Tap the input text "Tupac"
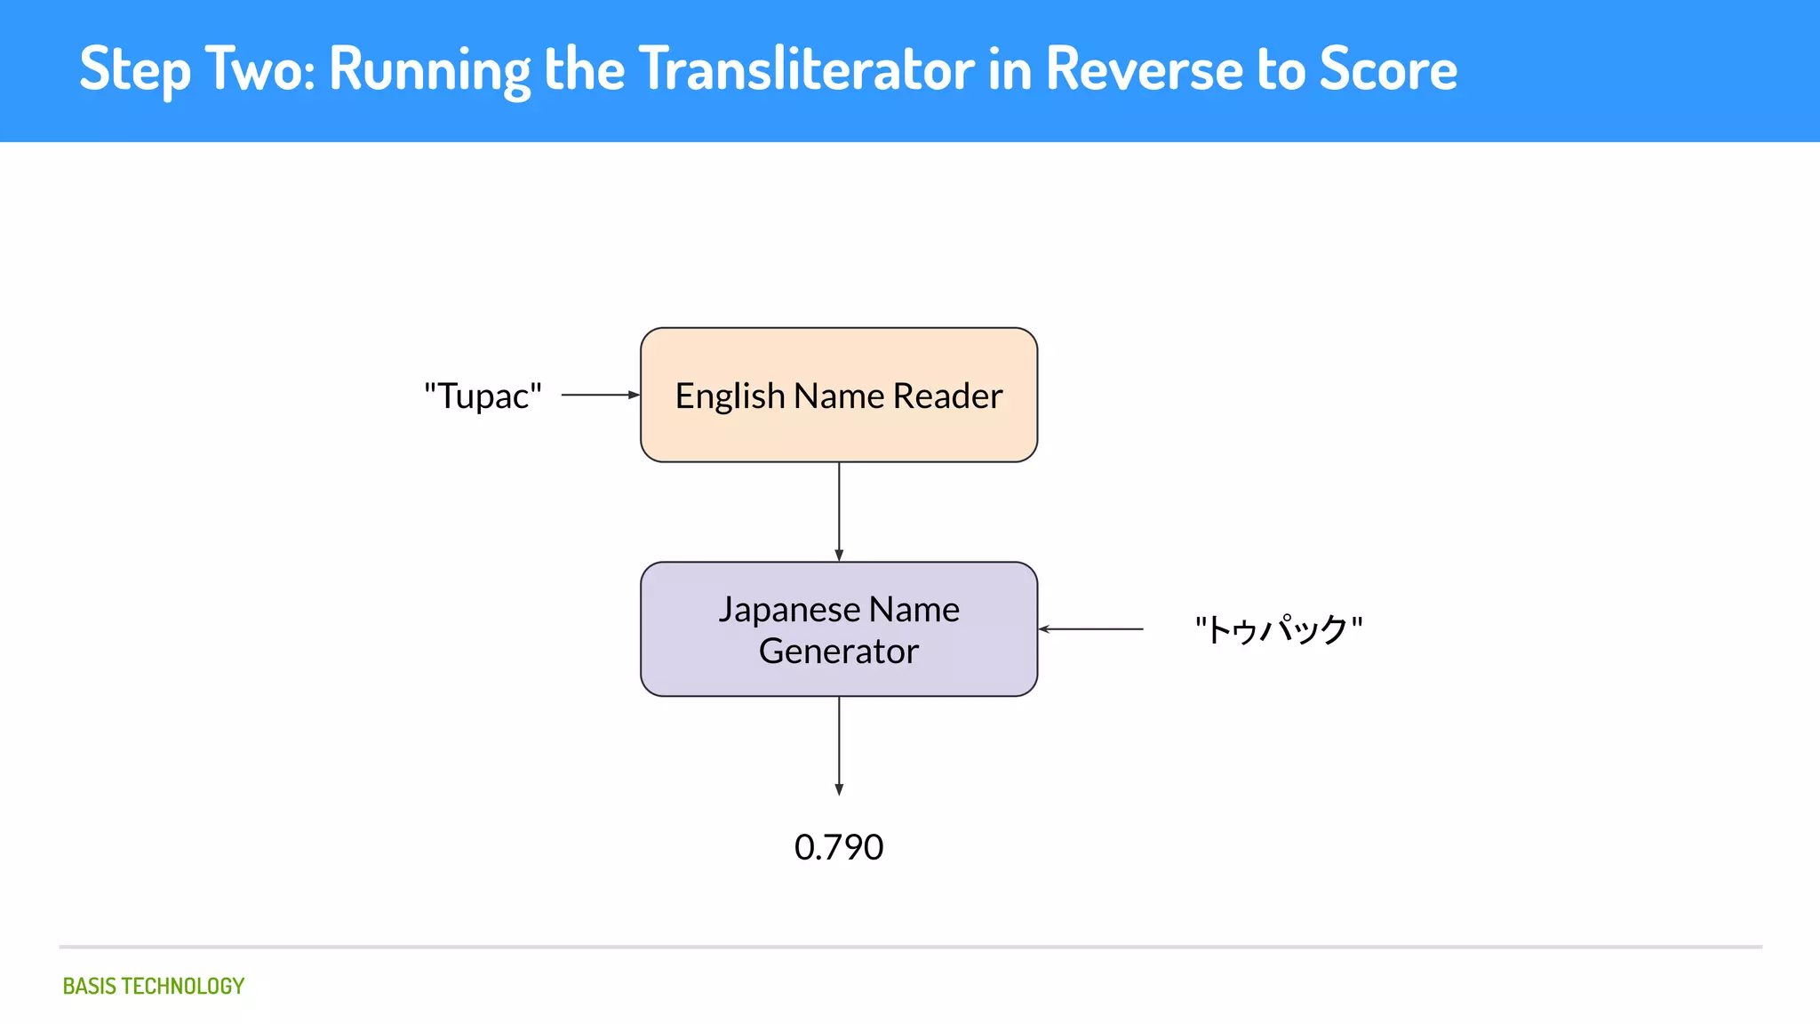point(483,396)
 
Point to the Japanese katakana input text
point(1278,629)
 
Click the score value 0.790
point(838,847)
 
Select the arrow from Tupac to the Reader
point(600,395)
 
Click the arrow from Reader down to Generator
point(839,511)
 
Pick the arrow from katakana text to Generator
point(1090,629)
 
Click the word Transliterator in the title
point(806,68)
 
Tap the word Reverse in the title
point(1143,68)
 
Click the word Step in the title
point(134,68)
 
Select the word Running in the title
point(429,68)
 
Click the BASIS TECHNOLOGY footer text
point(153,986)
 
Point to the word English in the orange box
point(730,396)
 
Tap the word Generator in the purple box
point(838,652)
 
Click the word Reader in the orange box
point(947,396)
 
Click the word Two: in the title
point(259,68)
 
